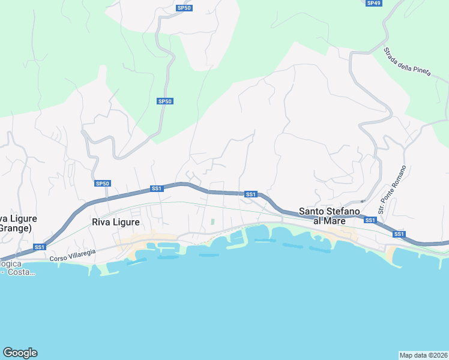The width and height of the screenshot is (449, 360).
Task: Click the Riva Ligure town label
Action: (116, 222)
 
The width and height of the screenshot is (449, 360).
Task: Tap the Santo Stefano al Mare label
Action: (330, 216)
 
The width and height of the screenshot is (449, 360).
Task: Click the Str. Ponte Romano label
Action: (392, 190)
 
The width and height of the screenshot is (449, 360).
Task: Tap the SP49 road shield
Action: (373, 3)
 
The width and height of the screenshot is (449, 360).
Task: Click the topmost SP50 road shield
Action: (184, 8)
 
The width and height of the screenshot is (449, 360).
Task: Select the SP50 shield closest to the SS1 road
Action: (103, 183)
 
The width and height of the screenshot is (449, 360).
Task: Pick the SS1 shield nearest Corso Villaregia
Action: (40, 247)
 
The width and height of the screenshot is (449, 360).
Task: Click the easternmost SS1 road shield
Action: (399, 234)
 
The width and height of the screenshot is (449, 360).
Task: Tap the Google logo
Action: (20, 353)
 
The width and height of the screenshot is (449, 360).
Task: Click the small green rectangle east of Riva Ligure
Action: (212, 221)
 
